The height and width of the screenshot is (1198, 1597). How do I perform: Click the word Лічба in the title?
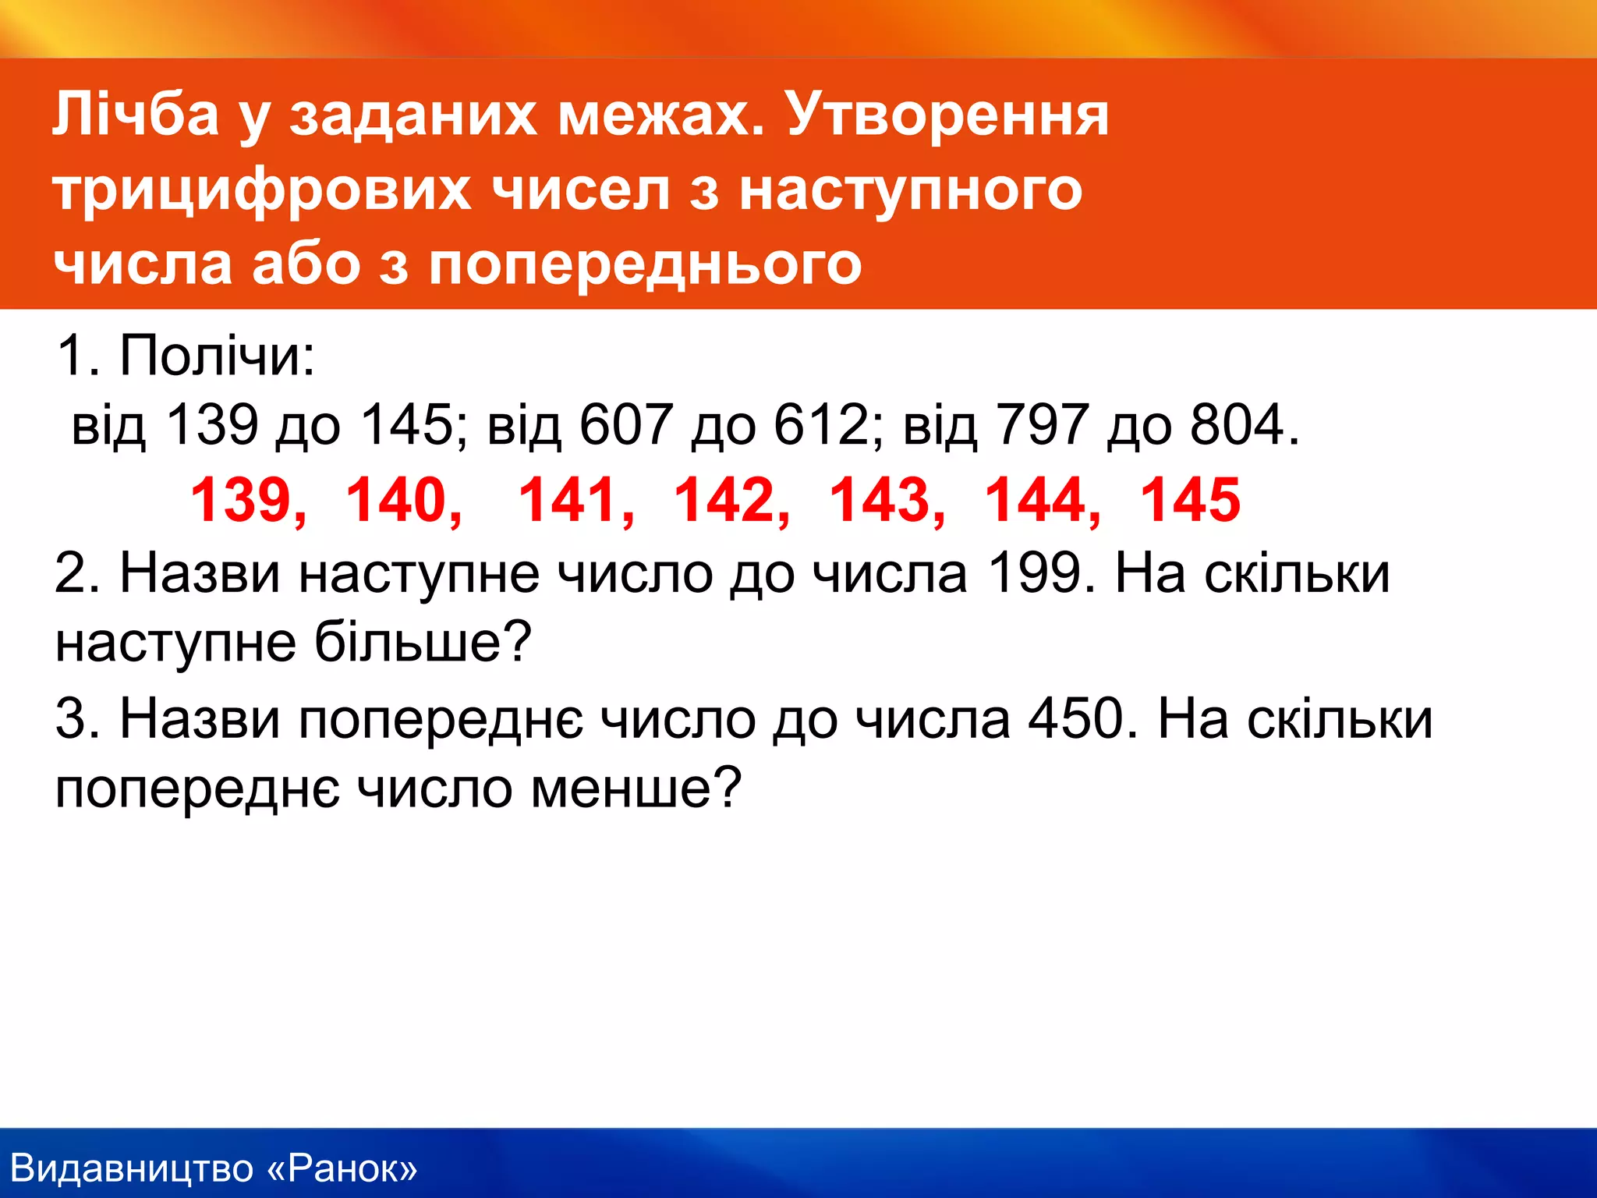[136, 114]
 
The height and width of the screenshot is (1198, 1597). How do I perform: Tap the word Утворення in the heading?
[947, 114]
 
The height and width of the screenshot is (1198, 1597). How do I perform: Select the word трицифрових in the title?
[262, 190]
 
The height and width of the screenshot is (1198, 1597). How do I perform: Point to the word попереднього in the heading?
[646, 264]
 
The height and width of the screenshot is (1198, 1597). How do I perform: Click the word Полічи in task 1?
[217, 356]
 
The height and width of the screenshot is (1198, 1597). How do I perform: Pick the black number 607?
[625, 425]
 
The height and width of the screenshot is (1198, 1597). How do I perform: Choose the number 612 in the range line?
[820, 425]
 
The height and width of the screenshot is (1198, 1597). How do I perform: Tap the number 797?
[1042, 425]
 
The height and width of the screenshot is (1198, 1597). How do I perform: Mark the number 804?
[1237, 425]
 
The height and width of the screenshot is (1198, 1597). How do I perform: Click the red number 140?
[396, 500]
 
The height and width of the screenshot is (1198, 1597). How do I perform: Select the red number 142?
[724, 500]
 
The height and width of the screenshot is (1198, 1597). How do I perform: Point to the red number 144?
[1035, 500]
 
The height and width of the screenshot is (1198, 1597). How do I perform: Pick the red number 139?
[240, 500]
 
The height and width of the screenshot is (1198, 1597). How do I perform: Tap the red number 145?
[1190, 500]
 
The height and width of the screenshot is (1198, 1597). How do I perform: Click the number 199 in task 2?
[1034, 574]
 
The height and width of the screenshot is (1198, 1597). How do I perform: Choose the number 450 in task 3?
[1076, 718]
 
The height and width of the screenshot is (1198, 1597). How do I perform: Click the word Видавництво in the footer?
[133, 1168]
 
